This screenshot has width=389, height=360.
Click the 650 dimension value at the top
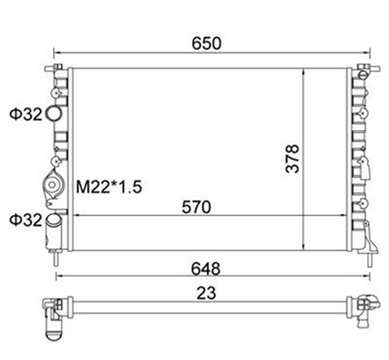point(207,43)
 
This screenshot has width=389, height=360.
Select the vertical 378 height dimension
point(293,158)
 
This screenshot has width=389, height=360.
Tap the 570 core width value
point(196,207)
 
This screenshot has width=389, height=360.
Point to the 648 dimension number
point(205,267)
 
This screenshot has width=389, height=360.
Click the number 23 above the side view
point(207,293)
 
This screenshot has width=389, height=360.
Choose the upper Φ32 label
point(26,114)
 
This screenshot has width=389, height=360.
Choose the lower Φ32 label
point(26,219)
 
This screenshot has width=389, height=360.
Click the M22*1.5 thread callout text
point(108,186)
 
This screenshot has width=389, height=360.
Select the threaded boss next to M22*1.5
point(54,184)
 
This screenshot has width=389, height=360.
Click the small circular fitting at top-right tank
point(363,75)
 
